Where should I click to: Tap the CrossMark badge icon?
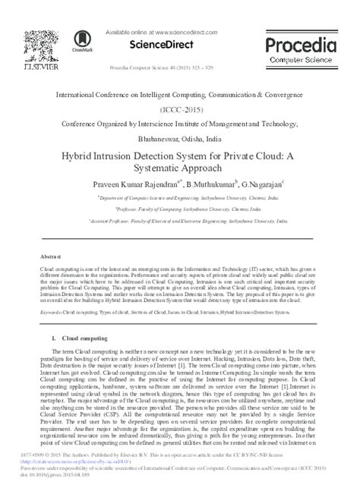coord(79,42)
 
